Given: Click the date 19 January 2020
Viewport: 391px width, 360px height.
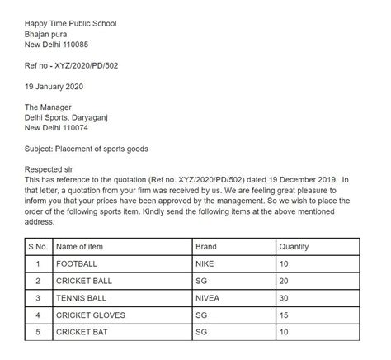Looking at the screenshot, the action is tap(54, 86).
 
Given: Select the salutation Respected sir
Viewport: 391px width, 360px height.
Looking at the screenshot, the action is tap(51, 169).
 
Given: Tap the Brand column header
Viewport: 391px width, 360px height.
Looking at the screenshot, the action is tap(205, 246).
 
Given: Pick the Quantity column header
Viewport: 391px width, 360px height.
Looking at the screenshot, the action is tap(294, 246).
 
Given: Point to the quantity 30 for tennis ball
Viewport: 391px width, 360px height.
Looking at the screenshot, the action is tap(285, 297).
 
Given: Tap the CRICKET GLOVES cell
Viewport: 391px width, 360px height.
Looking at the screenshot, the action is tap(91, 315).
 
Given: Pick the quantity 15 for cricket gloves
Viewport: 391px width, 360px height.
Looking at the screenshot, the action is tap(285, 315).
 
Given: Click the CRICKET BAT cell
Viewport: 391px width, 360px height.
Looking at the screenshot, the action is tap(83, 332).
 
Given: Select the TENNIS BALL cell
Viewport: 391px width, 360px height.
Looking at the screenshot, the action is tap(83, 297).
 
